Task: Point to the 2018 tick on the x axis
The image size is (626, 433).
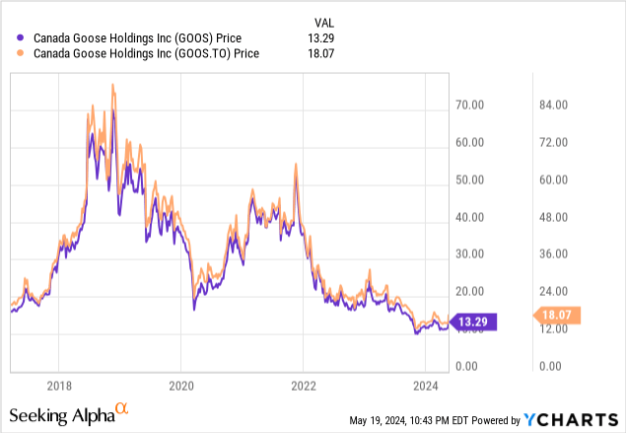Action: tap(60, 386)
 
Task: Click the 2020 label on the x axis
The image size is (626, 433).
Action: tap(181, 386)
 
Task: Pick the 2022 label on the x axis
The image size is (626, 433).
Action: tap(304, 386)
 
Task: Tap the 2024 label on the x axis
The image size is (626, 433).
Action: tap(425, 386)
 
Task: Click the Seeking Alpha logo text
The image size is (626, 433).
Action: tap(64, 411)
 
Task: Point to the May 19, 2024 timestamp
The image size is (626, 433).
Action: tap(413, 420)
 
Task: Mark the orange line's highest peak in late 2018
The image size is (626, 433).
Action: tap(113, 84)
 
